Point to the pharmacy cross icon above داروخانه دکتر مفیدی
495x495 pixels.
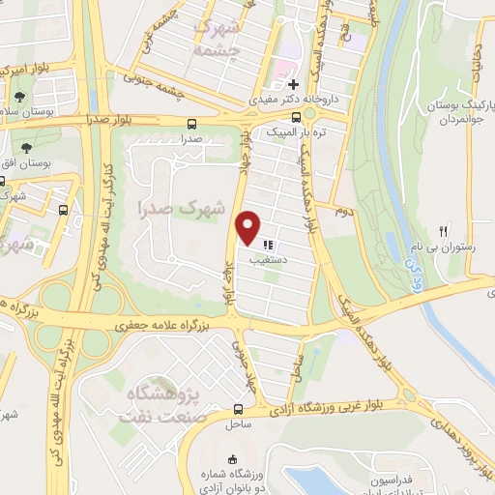click(293, 84)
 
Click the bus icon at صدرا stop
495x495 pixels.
click(191, 124)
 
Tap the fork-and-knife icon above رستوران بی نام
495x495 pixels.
click(444, 231)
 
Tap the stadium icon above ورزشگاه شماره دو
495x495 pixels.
click(230, 459)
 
